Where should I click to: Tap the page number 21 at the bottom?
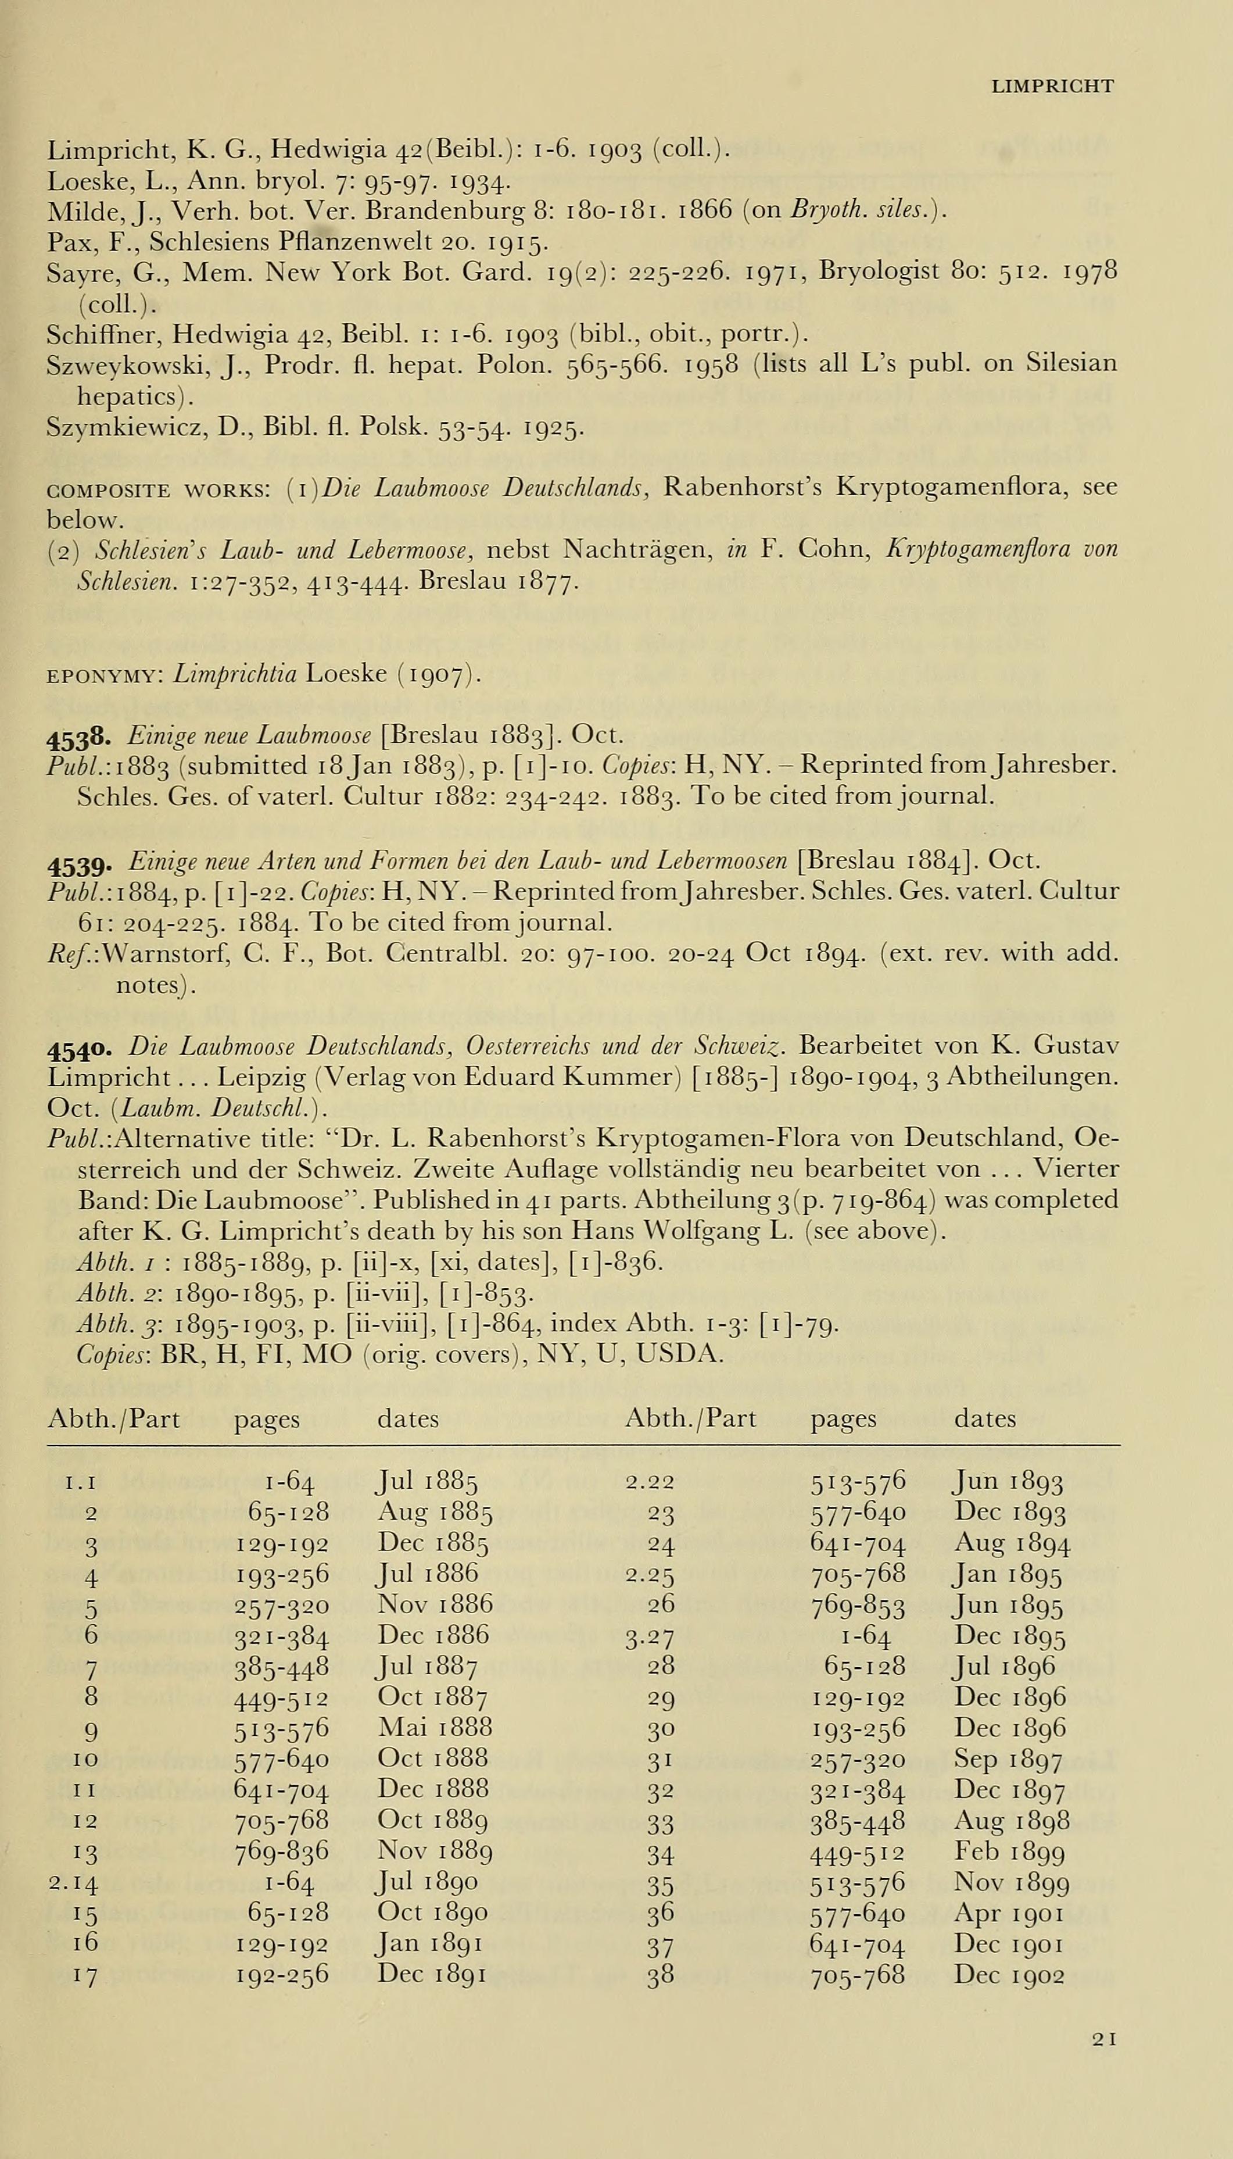coord(1104,2039)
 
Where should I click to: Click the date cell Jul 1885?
coord(427,1481)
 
